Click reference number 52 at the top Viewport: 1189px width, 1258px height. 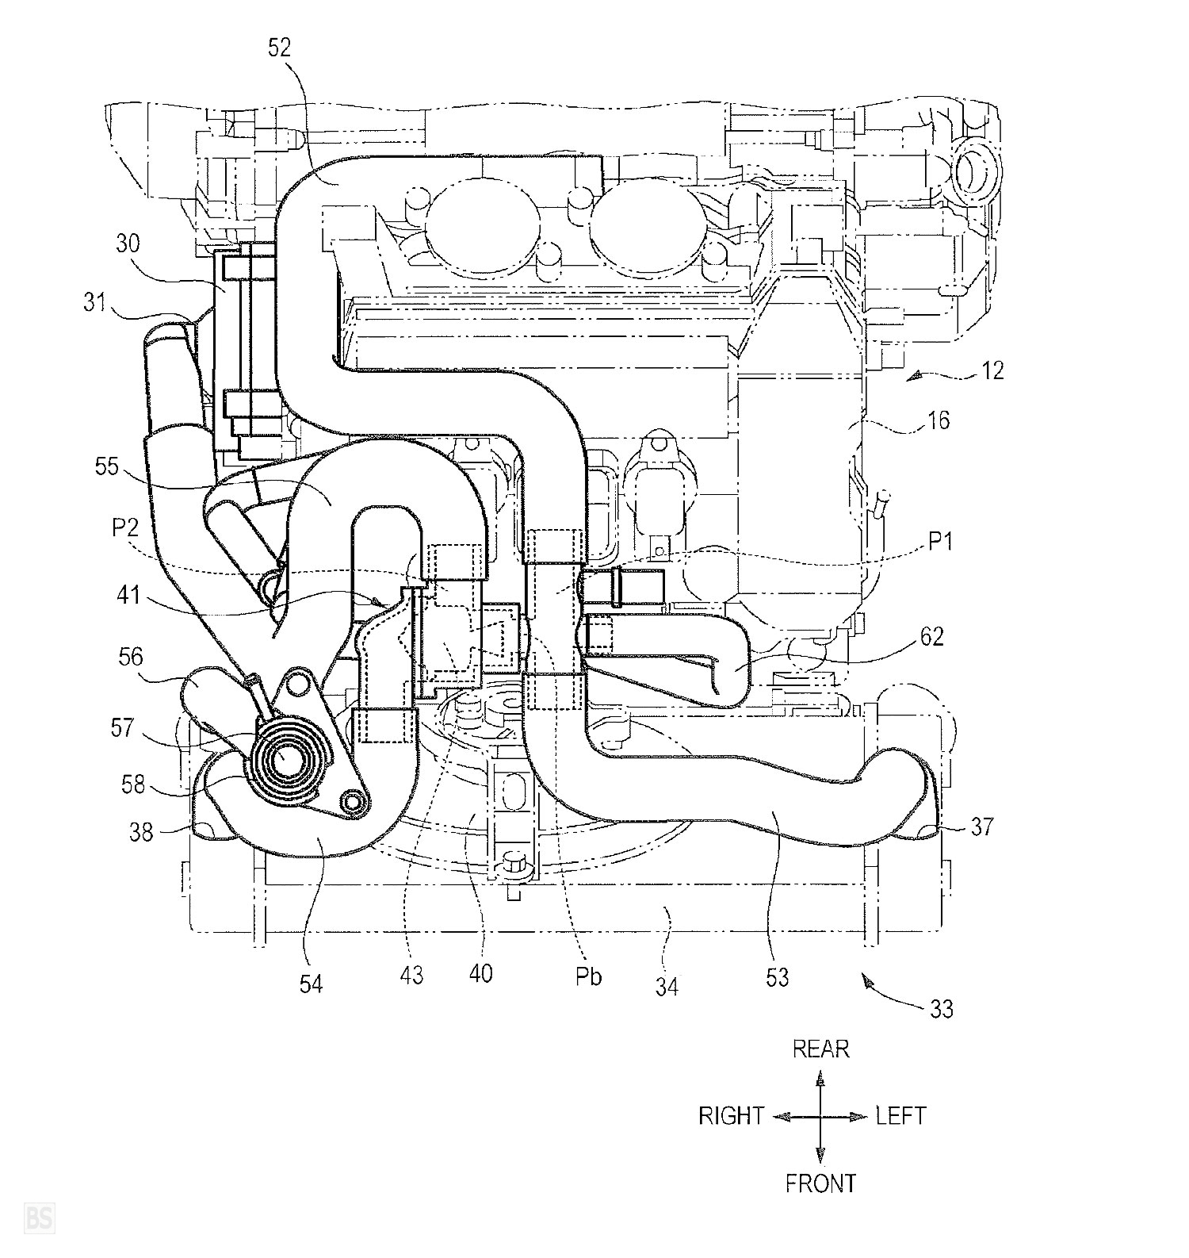tap(280, 48)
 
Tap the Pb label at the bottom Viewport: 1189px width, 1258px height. tap(587, 976)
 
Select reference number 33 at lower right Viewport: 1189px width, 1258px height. tap(941, 1009)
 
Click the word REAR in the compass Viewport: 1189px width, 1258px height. tap(820, 1049)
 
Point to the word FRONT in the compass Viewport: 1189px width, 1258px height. tap(820, 1184)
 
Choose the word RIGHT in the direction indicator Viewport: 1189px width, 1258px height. tap(731, 1116)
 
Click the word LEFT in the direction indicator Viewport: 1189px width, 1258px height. tap(900, 1116)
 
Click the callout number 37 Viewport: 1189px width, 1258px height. tap(982, 827)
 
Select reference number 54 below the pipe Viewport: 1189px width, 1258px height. tap(311, 984)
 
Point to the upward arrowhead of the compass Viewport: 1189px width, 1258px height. tap(820, 1078)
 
